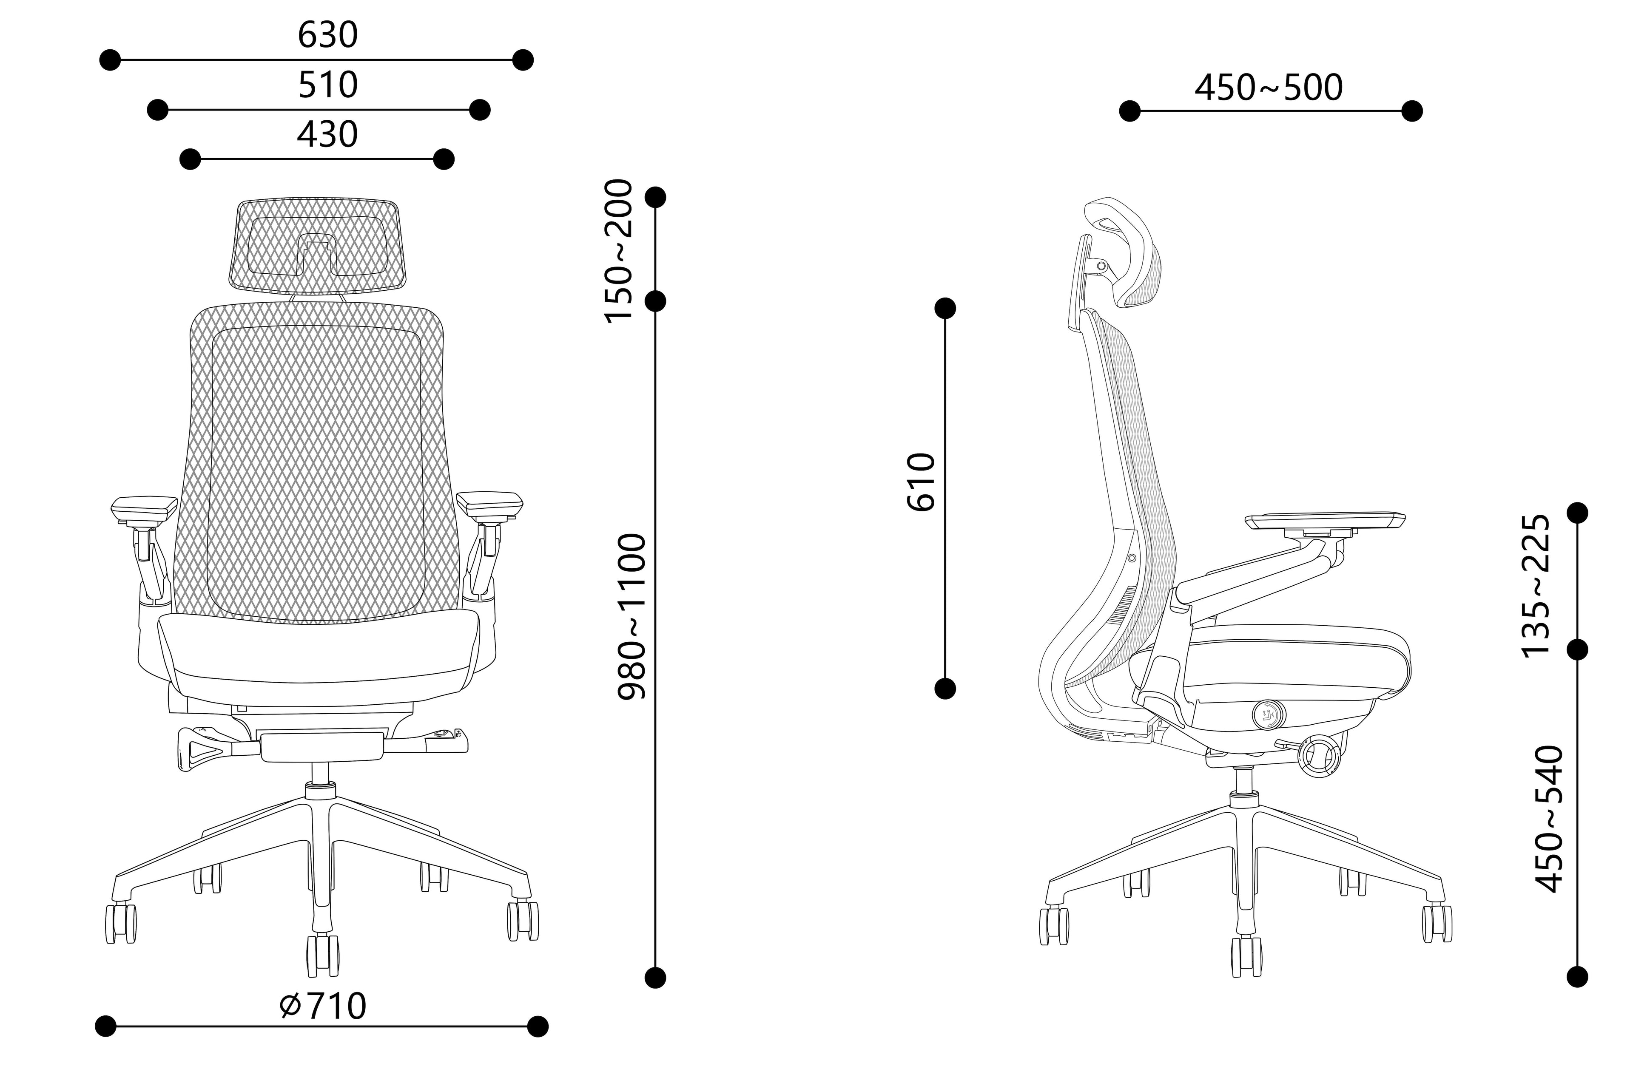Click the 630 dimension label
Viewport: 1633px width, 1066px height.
tap(327, 35)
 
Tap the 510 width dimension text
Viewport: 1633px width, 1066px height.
tap(327, 85)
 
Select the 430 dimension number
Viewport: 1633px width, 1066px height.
tap(327, 134)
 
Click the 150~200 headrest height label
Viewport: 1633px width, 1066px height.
tap(617, 250)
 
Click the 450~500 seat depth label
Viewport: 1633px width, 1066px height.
tap(1269, 88)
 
